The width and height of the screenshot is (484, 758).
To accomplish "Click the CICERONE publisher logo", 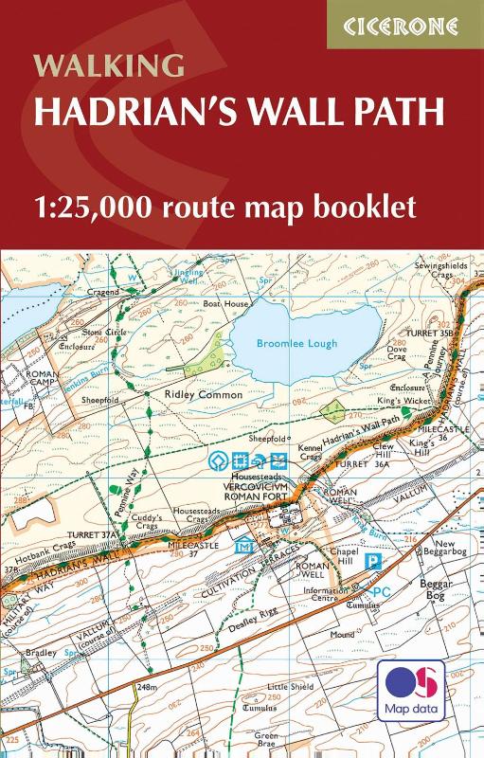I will point(405,25).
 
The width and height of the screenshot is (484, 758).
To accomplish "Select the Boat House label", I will point(222,304).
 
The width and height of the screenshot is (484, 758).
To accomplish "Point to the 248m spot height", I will point(147,685).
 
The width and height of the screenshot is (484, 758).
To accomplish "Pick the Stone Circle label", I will point(103,334).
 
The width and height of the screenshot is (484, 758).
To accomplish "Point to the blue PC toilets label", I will point(382,592).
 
